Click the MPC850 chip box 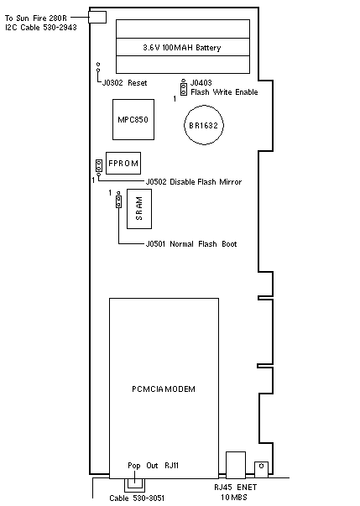coord(133,119)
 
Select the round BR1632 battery coord(204,125)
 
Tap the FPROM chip coord(123,163)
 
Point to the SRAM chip coord(139,209)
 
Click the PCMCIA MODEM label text coord(164,389)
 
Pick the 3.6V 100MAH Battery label coord(182,48)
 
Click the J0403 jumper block coord(184,87)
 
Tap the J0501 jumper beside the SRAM coord(118,200)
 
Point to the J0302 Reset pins coord(98,67)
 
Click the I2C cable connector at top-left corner coord(97,17)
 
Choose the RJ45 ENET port coord(236,465)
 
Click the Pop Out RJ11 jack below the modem coord(134,485)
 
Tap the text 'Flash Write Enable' coord(224,92)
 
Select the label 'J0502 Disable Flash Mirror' coord(194,182)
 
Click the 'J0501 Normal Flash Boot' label coord(191,243)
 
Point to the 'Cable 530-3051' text coord(137,498)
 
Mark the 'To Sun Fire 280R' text coord(36,18)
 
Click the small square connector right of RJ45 coord(261,469)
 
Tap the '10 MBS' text coord(234,498)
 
